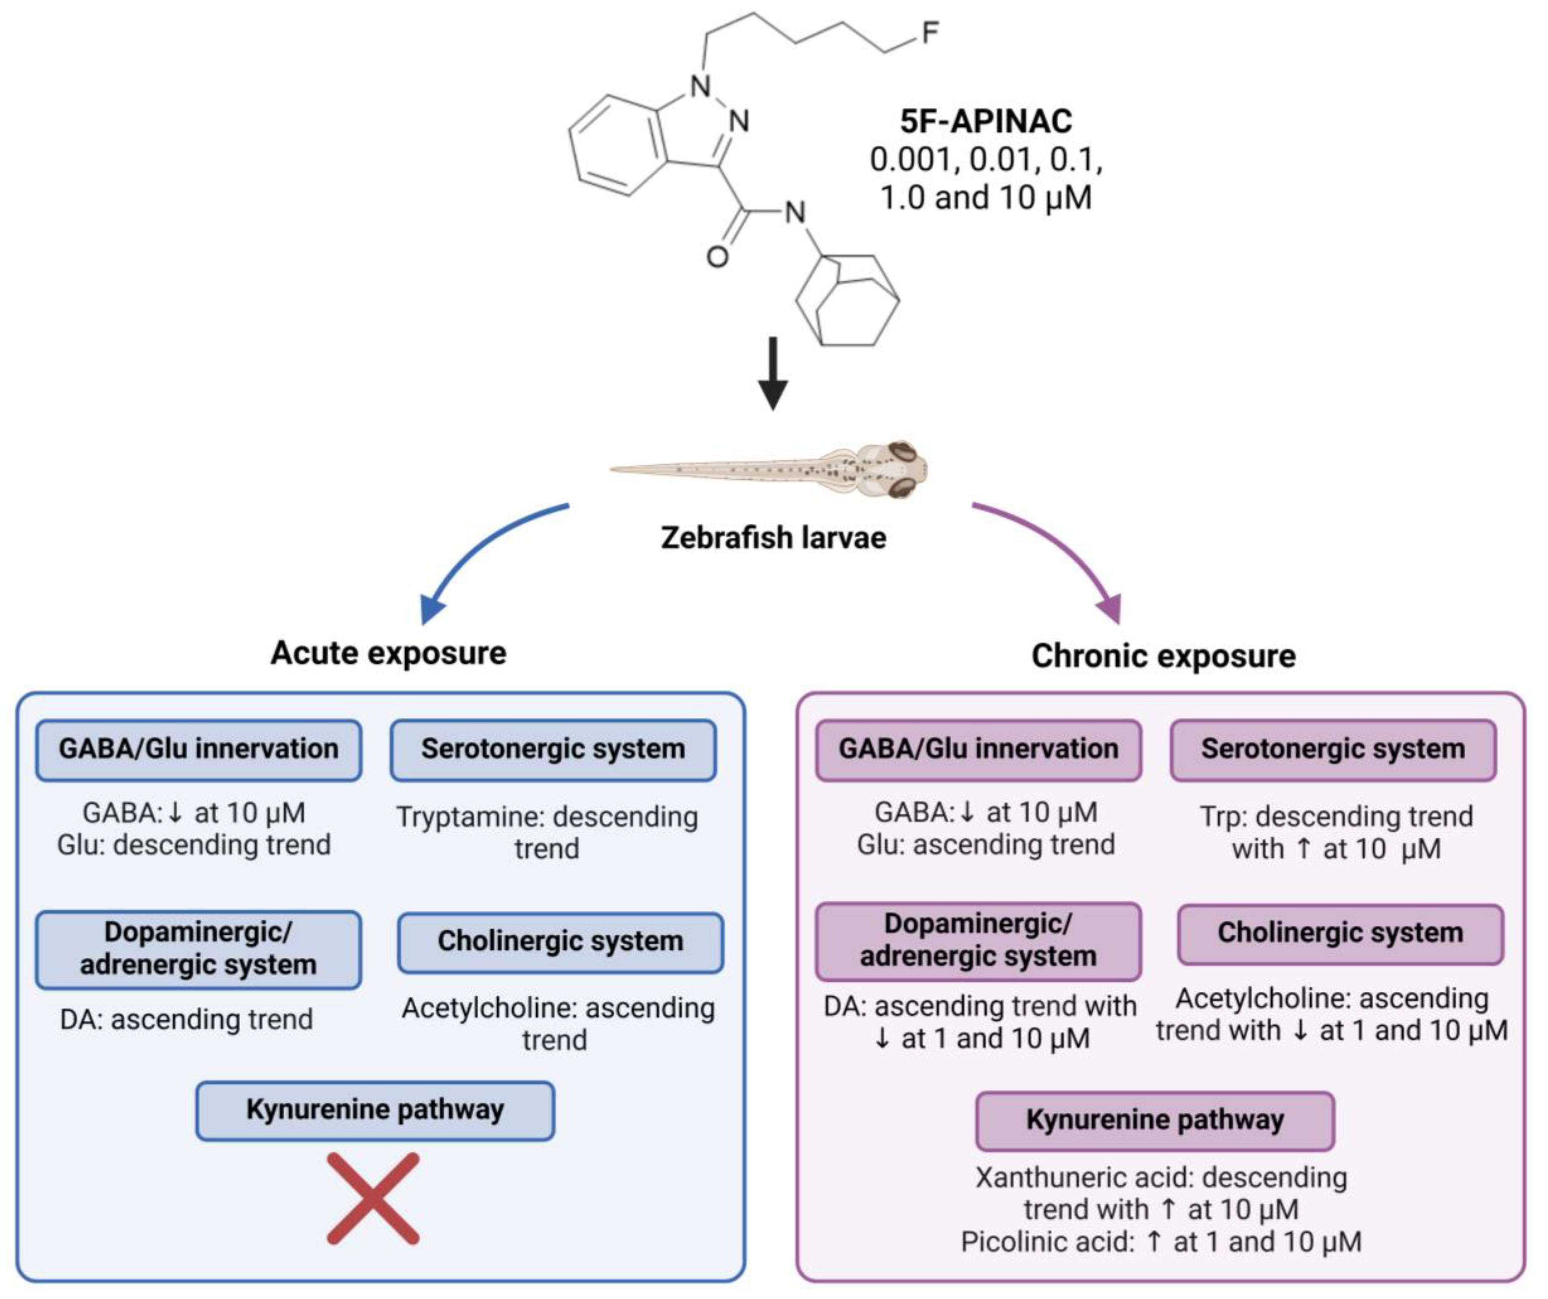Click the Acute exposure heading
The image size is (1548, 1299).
click(x=388, y=653)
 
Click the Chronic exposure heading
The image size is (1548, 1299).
click(x=1163, y=656)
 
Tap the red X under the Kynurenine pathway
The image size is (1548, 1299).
click(x=373, y=1199)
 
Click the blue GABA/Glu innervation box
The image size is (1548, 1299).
click(x=198, y=749)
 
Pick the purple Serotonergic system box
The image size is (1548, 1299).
click(x=1333, y=749)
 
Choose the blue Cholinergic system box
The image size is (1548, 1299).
click(x=560, y=942)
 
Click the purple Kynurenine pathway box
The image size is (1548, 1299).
click(x=1154, y=1120)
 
